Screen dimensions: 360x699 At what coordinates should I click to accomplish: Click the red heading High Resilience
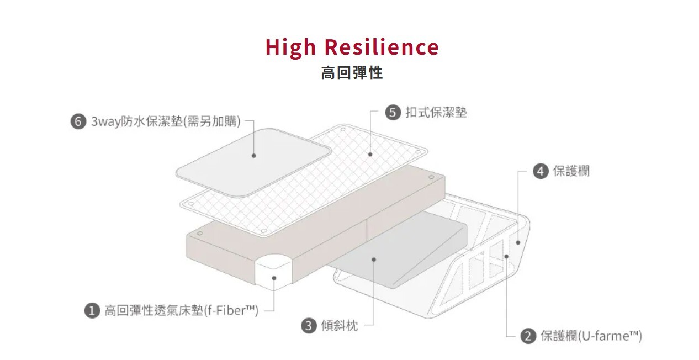tap(352, 47)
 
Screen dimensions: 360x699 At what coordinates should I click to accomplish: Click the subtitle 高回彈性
tap(352, 73)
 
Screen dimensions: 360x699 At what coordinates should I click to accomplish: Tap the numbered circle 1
tap(92, 311)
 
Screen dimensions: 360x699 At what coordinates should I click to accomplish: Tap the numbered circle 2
tap(528, 336)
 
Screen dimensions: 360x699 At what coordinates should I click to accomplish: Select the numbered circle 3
tap(309, 325)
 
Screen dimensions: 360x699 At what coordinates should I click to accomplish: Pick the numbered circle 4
tap(541, 171)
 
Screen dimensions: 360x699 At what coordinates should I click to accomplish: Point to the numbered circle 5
tap(393, 113)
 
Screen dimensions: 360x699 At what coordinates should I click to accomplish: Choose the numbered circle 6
tap(78, 121)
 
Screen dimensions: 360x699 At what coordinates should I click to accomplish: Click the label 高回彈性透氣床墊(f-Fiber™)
tap(182, 311)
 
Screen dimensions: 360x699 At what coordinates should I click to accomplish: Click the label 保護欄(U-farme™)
tap(591, 336)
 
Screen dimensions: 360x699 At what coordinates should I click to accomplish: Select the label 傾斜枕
tap(339, 325)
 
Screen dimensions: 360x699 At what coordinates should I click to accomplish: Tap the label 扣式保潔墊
tap(436, 113)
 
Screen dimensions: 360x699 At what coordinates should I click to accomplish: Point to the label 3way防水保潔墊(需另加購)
tap(166, 121)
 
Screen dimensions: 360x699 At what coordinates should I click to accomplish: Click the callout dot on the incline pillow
tap(374, 258)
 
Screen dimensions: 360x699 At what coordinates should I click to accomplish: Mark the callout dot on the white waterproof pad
tap(253, 156)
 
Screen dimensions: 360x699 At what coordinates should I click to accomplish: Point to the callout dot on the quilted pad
tap(370, 155)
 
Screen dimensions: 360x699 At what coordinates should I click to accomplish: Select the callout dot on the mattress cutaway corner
tap(274, 278)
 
